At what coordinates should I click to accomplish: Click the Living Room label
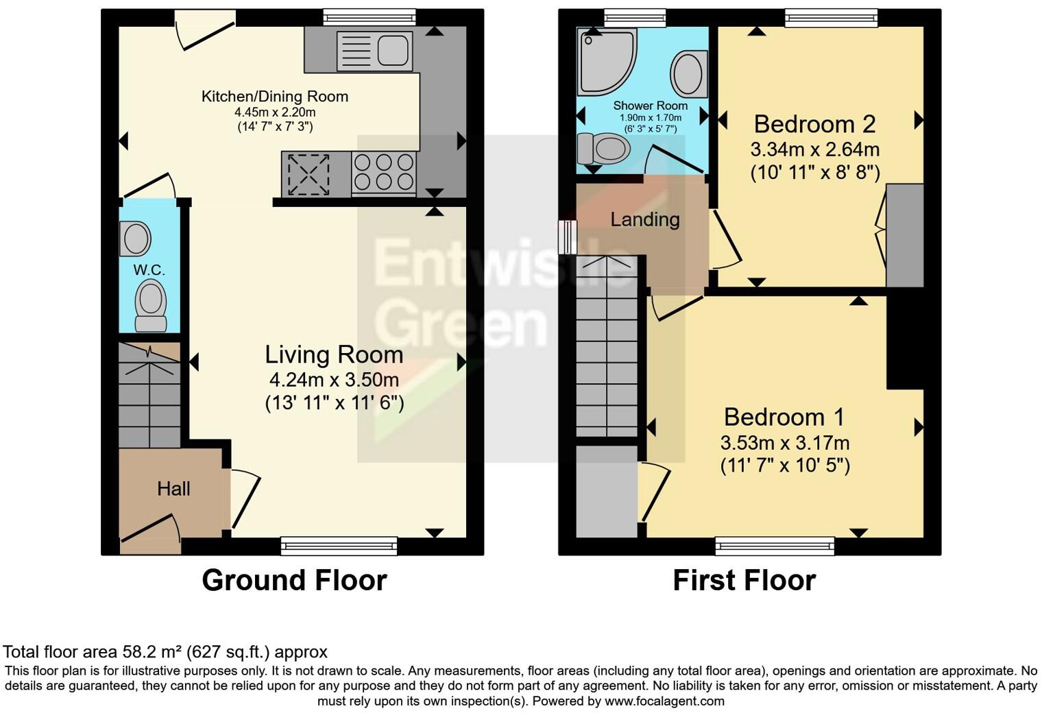pyautogui.click(x=334, y=354)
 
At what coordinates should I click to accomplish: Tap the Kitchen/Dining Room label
pyautogui.click(x=274, y=97)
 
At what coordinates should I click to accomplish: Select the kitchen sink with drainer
pyautogui.click(x=374, y=50)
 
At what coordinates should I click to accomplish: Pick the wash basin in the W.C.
pyautogui.click(x=136, y=239)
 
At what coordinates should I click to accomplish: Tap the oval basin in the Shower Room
pyautogui.click(x=688, y=73)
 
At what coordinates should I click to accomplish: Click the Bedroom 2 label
pyautogui.click(x=814, y=124)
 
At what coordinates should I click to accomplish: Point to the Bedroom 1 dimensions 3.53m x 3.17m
pyautogui.click(x=785, y=442)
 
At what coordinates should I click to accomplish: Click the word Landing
pyautogui.click(x=645, y=219)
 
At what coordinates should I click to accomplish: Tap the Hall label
pyautogui.click(x=173, y=489)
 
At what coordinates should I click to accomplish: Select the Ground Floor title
pyautogui.click(x=294, y=580)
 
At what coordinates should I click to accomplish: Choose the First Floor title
pyautogui.click(x=744, y=580)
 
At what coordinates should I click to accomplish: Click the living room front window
pyautogui.click(x=339, y=546)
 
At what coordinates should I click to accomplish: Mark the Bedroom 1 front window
pyautogui.click(x=775, y=546)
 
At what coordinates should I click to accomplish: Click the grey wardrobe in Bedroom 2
pyautogui.click(x=905, y=235)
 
